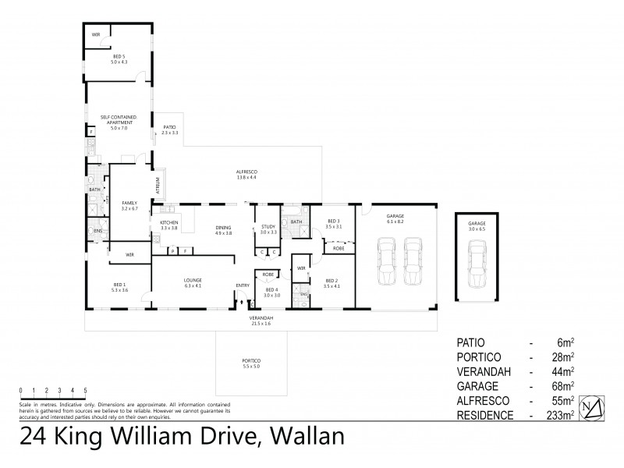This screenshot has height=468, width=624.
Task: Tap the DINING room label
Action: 224,229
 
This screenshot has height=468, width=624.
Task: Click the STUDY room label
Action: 268,229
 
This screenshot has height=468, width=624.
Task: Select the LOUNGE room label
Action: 193,282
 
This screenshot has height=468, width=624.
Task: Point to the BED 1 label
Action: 119,287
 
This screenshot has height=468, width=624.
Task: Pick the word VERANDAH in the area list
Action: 484,371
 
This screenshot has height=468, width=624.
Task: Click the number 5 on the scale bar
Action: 85,390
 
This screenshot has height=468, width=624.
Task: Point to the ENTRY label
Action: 243,285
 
